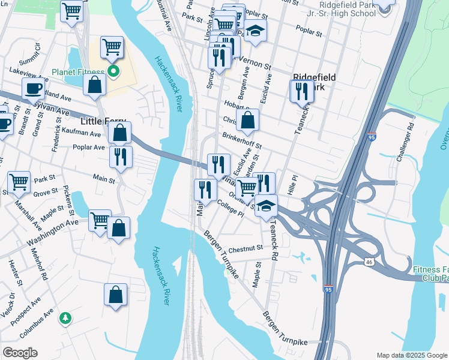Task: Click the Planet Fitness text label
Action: pyautogui.click(x=79, y=73)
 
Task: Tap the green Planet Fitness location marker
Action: pyautogui.click(x=113, y=73)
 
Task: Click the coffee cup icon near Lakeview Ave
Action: pyautogui.click(x=33, y=89)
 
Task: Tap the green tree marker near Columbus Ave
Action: pyautogui.click(x=65, y=318)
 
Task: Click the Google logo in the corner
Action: pyautogui.click(x=20, y=353)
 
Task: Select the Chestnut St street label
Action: pyautogui.click(x=246, y=247)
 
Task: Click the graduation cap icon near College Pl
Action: pyautogui.click(x=266, y=206)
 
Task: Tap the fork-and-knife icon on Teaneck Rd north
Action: pyautogui.click(x=301, y=91)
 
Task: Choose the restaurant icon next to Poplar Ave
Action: pyautogui.click(x=121, y=157)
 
